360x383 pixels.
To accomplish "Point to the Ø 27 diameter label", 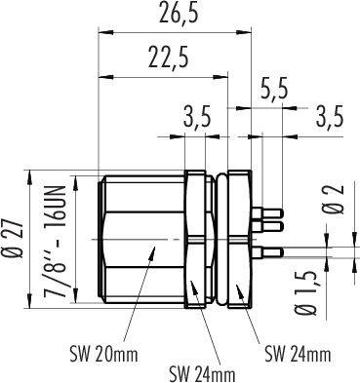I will click(16, 240).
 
